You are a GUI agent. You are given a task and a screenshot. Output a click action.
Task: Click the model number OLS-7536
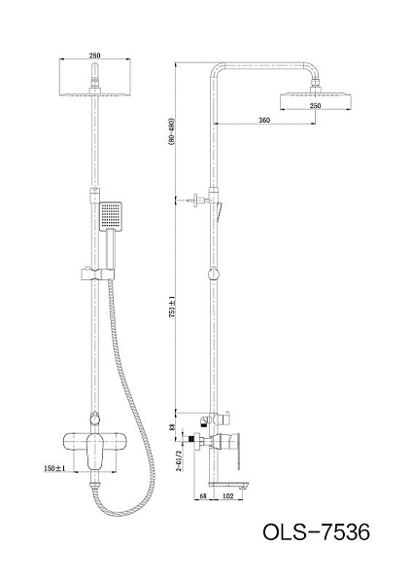[x=316, y=531]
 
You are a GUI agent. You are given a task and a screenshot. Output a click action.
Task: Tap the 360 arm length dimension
[x=264, y=120]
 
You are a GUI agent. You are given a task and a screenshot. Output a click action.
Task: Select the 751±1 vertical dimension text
[x=171, y=306]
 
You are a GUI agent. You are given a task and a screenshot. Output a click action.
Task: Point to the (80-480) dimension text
[x=171, y=132]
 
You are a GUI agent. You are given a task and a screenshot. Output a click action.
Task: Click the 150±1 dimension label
[x=54, y=468]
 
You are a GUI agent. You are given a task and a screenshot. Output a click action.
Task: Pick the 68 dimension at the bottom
[x=203, y=495]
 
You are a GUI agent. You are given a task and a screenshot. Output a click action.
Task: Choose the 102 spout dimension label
[x=227, y=495]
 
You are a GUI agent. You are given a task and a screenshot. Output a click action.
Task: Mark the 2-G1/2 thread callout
[x=179, y=460]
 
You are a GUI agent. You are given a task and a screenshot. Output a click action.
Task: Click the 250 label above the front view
[x=94, y=55]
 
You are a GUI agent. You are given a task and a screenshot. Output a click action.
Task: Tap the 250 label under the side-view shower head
[x=315, y=106]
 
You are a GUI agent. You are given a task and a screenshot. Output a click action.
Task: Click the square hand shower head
[x=111, y=216]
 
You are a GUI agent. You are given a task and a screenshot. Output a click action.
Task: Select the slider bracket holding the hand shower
[x=97, y=274]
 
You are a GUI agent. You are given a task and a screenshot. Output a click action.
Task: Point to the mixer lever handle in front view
[x=95, y=452]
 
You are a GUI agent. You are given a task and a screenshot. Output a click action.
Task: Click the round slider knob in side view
[x=214, y=274]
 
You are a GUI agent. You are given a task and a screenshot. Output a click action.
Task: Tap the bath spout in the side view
[x=228, y=485]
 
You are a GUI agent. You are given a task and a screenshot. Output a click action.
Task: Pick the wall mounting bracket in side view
[x=198, y=200]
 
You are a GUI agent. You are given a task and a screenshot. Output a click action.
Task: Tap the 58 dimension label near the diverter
[x=171, y=427]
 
